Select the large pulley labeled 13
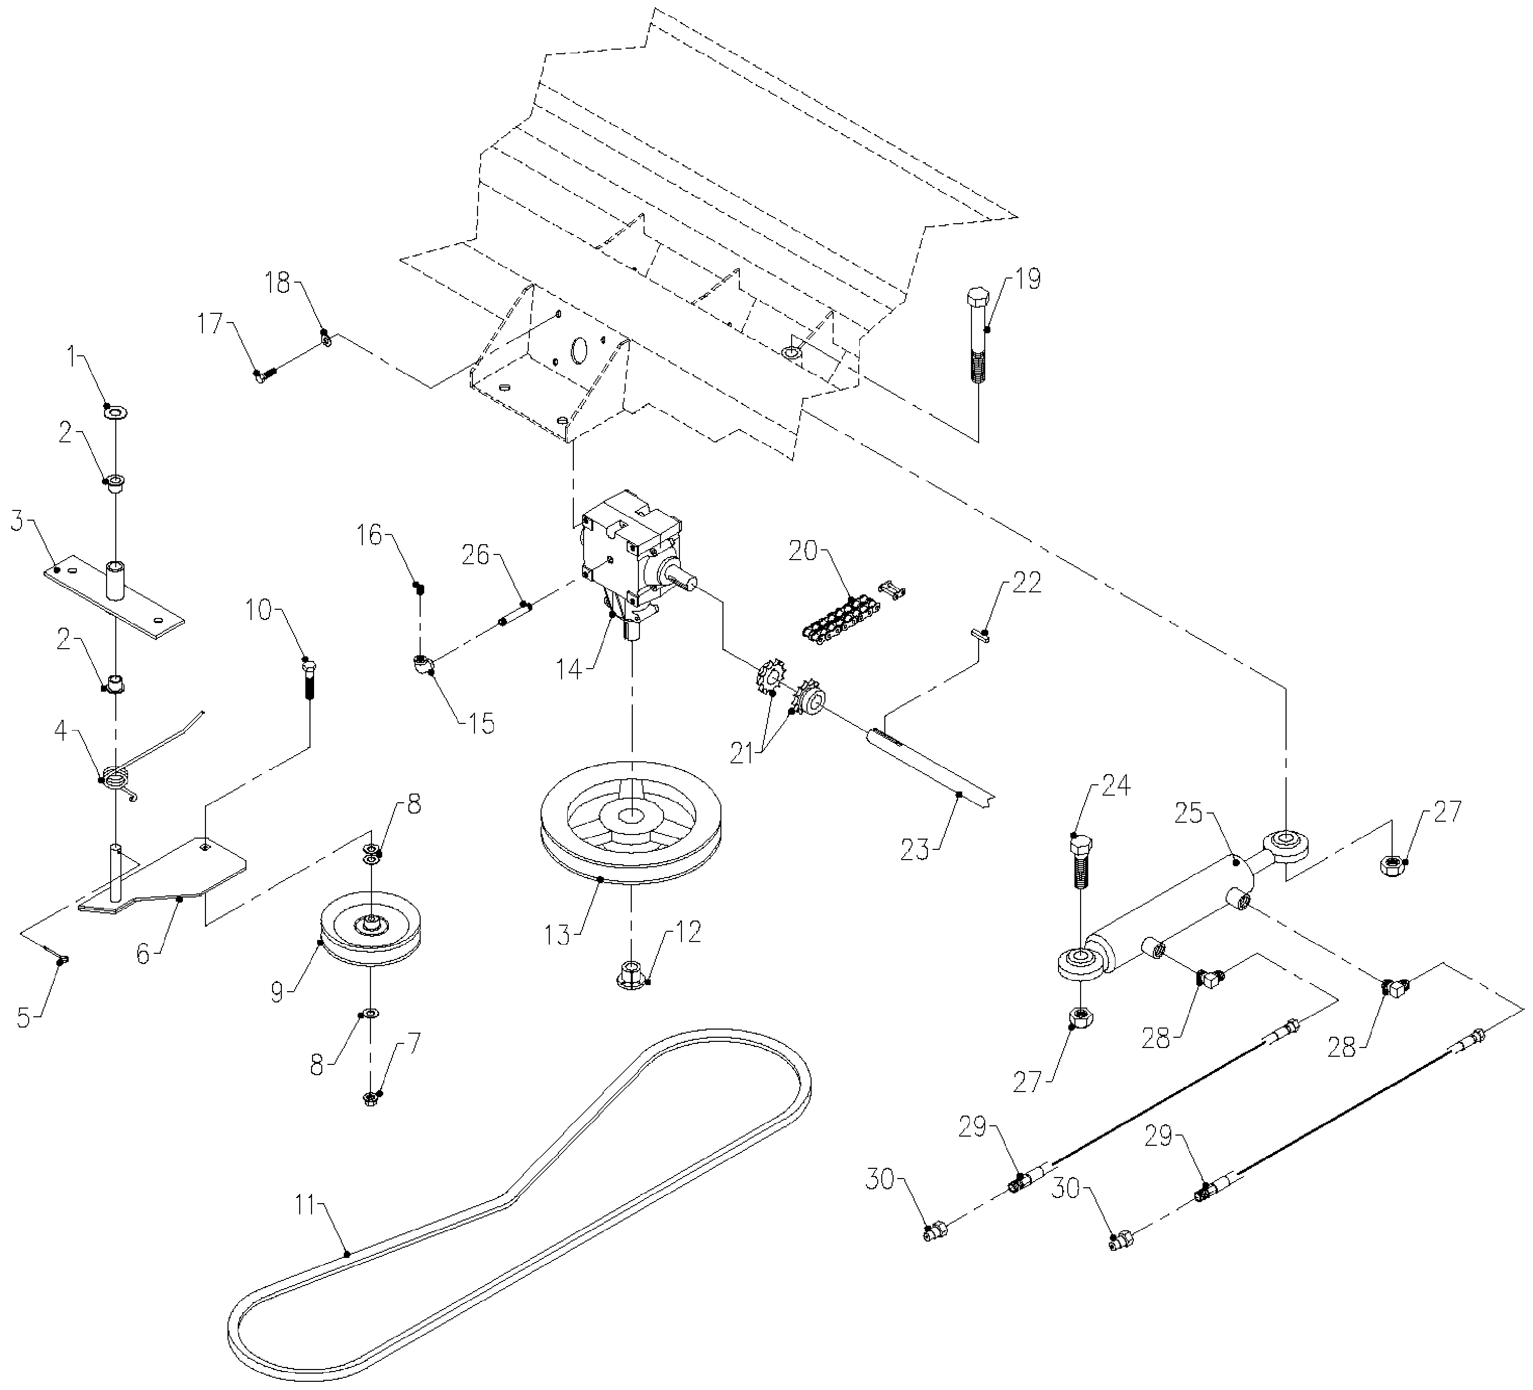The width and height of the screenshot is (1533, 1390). click(x=630, y=822)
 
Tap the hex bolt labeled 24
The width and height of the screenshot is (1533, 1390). click(x=1080, y=863)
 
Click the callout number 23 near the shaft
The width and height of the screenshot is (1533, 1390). click(x=915, y=849)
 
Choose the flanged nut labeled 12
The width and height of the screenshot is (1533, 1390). click(x=630, y=974)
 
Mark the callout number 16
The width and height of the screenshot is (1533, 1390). click(x=369, y=536)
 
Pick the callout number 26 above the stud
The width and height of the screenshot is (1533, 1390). click(x=476, y=555)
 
